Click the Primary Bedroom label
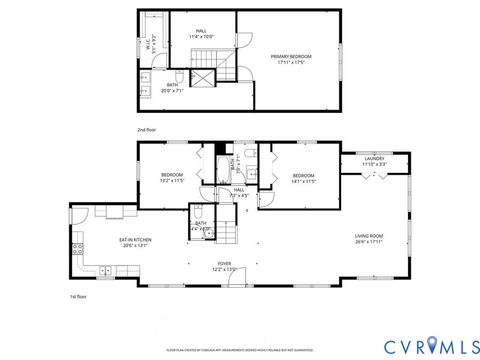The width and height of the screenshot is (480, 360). [x=291, y=59]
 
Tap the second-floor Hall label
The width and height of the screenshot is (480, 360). [x=202, y=34]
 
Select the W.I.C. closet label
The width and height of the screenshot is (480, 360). [x=148, y=45]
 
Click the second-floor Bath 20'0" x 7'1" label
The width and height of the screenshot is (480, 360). [x=173, y=88]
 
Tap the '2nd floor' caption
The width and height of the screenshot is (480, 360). [x=147, y=130]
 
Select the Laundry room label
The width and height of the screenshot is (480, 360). [x=375, y=160]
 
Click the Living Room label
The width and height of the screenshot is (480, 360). [x=369, y=238]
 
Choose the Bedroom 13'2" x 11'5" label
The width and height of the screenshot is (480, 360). [x=172, y=178]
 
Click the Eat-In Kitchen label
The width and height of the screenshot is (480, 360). [x=134, y=242]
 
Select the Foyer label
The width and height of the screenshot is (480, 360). [x=225, y=266]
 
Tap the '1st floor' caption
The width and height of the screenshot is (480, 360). [x=77, y=297]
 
